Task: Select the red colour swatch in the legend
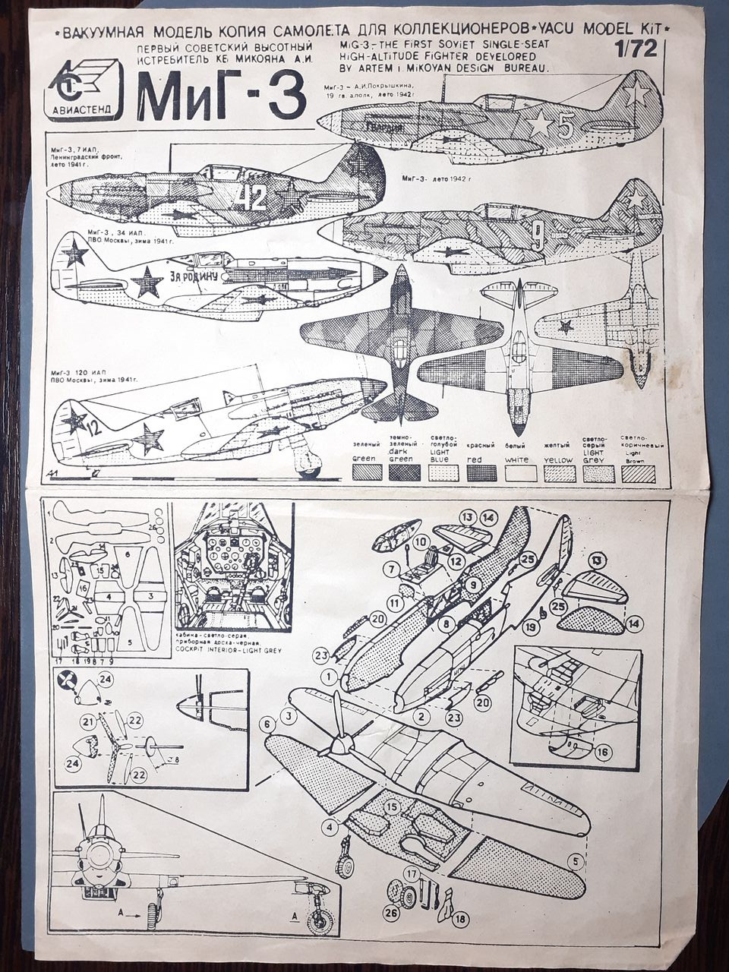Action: (481, 472)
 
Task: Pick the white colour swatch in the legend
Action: (520, 472)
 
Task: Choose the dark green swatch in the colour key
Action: (406, 472)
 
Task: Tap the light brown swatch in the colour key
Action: (638, 472)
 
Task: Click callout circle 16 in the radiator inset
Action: (603, 752)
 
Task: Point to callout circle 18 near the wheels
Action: (460, 920)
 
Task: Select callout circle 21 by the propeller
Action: (89, 721)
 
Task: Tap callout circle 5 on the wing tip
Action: (576, 861)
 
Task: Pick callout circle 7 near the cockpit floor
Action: (392, 569)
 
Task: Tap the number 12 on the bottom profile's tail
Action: (93, 428)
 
